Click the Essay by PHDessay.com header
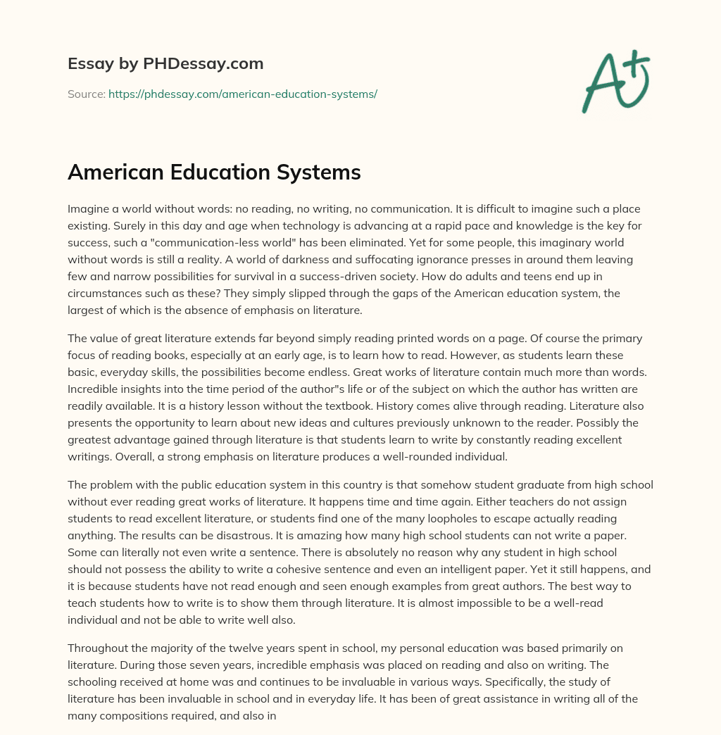(165, 64)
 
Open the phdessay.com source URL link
(243, 94)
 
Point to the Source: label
(86, 94)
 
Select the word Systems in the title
(321, 172)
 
